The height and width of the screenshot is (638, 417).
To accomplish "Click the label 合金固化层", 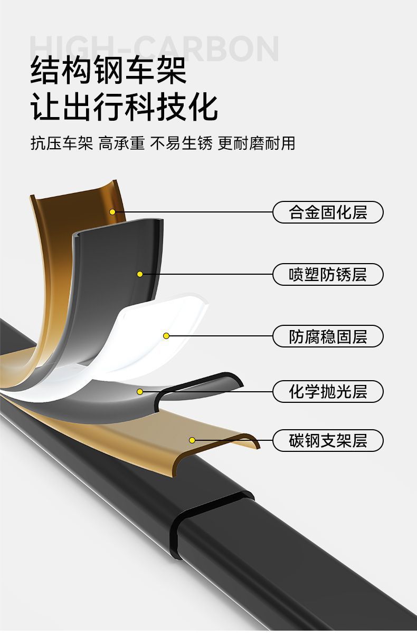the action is tap(328, 212).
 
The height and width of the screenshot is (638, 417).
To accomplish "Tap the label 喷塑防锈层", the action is tap(328, 275).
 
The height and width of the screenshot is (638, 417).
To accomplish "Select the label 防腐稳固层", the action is tap(328, 336).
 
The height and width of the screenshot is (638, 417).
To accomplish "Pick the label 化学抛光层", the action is tap(328, 392).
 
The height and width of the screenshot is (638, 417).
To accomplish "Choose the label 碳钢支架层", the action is tap(328, 440).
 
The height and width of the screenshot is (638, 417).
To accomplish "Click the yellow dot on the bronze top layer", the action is tap(112, 212).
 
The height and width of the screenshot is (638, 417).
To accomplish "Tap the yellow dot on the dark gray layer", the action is tap(140, 274).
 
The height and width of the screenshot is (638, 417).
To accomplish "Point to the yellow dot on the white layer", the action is tap(166, 336).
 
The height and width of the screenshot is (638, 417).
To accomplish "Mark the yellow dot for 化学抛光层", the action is tap(140, 391).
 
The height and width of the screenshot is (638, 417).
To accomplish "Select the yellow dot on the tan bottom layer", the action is tap(192, 440).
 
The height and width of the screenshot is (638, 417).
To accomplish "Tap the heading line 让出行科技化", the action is tap(125, 107).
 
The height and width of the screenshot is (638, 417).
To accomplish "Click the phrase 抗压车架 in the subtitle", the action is tap(62, 143).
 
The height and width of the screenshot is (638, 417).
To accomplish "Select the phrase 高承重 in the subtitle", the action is tap(121, 143).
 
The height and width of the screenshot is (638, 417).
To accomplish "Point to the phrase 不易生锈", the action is tap(181, 143).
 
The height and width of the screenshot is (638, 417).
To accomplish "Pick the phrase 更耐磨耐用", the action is tap(256, 143).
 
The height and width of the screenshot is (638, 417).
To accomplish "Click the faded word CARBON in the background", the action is tap(211, 49).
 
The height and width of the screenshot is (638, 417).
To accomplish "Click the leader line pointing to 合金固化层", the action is tap(195, 212).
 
